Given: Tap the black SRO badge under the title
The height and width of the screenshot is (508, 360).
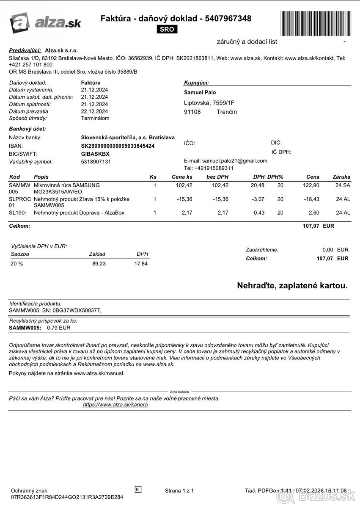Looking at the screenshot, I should click(x=167, y=29).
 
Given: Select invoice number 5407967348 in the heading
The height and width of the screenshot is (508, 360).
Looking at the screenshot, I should click(x=228, y=19).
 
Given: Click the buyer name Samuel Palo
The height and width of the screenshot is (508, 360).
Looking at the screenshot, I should click(x=200, y=92).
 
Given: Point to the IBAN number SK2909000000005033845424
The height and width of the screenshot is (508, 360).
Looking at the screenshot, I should click(x=118, y=146).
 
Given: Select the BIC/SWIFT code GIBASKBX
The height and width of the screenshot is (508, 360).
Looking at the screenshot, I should click(x=95, y=154).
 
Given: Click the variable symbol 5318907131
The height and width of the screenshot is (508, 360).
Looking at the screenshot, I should click(x=96, y=162).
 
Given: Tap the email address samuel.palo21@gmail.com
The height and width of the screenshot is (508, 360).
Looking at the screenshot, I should click(x=235, y=161).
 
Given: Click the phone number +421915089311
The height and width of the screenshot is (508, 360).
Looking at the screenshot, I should click(x=214, y=168).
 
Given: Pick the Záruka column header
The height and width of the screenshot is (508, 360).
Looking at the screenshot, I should click(x=341, y=177).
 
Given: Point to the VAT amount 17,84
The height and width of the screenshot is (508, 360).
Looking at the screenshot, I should click(x=141, y=264).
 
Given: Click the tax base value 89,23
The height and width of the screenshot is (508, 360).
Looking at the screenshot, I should click(x=99, y=264).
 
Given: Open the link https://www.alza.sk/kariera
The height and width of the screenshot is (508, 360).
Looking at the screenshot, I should click(x=115, y=405).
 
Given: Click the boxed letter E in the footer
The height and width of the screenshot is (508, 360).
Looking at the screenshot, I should click(x=138, y=489).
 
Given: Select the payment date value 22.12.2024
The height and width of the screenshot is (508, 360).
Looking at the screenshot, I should click(x=94, y=111).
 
